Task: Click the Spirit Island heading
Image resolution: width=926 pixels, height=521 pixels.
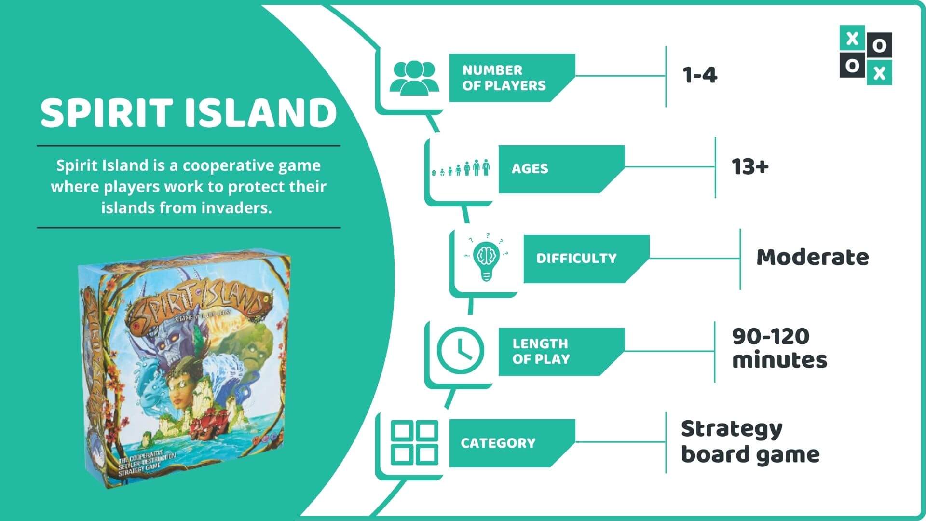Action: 189,112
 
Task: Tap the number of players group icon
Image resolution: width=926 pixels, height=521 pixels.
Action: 414,77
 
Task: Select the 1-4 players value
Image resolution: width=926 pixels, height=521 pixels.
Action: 700,75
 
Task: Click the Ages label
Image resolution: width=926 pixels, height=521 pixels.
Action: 530,169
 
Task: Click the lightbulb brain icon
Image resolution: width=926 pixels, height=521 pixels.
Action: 486,258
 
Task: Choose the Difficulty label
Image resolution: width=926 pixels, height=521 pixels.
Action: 576,259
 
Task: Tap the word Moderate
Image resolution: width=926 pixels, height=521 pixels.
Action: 812,257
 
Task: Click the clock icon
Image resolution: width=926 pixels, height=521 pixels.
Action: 460,350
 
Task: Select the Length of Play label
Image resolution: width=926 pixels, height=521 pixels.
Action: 541,351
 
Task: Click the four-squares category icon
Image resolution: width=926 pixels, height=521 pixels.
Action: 414,443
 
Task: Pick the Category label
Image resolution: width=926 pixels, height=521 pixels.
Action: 498,443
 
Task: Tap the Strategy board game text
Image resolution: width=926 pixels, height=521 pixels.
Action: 750,441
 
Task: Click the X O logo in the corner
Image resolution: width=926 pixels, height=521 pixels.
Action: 866,55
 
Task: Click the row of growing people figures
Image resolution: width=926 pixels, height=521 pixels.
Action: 461,168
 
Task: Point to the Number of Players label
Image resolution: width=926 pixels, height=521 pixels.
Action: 504,78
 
